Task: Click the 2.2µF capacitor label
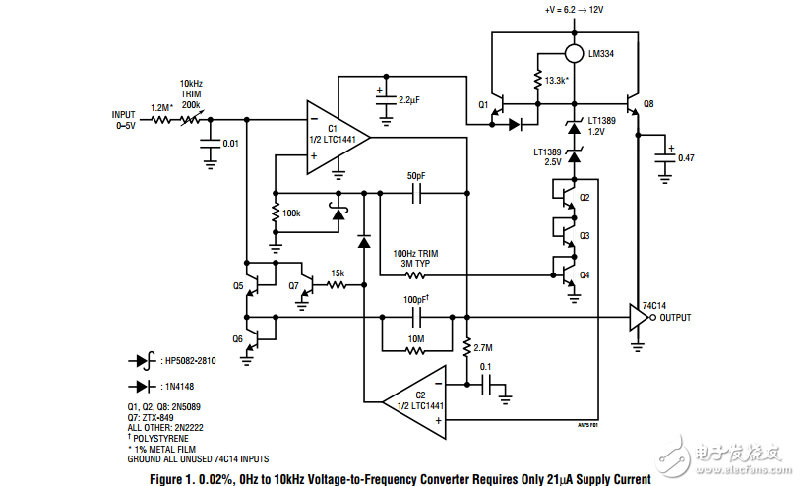pos(409,100)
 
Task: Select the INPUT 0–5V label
pos(124,120)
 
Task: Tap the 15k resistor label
pos(337,273)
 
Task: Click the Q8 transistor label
pos(647,103)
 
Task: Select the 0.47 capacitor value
pos(686,157)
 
